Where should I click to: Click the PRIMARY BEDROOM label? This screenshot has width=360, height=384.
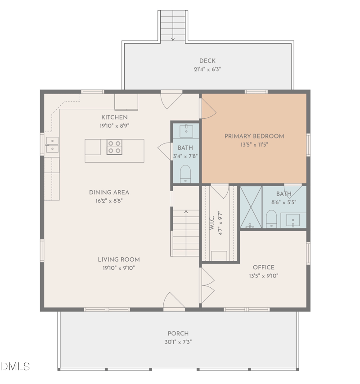pyautogui.click(x=254, y=136)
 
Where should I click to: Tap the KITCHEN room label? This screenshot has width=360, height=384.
pyautogui.click(x=114, y=117)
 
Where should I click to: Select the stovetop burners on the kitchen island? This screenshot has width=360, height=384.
pyautogui.click(x=114, y=147)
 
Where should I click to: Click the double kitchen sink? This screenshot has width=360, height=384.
pyautogui.click(x=52, y=145)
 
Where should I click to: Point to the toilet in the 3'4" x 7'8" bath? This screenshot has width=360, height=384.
pyautogui.click(x=185, y=174)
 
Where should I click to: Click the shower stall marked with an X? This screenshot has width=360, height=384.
pyautogui.click(x=251, y=207)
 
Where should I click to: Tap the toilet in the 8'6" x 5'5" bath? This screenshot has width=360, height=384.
pyautogui.click(x=271, y=219)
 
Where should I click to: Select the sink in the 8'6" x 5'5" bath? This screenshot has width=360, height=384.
pyautogui.click(x=293, y=220)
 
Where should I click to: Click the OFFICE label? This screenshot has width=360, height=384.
pyautogui.click(x=263, y=268)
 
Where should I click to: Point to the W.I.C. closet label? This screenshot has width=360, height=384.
pyautogui.click(x=212, y=223)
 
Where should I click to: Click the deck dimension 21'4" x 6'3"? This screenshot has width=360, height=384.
pyautogui.click(x=207, y=69)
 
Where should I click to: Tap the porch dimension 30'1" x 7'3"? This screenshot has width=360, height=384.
pyautogui.click(x=178, y=342)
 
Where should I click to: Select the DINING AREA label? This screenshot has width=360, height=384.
pyautogui.click(x=109, y=192)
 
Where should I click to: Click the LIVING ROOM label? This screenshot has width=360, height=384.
pyautogui.click(x=119, y=259)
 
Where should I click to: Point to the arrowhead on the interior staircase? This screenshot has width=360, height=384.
pyautogui.click(x=186, y=212)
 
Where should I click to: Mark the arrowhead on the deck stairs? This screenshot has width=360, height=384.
pyautogui.click(x=173, y=39)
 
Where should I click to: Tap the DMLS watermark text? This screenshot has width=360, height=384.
pyautogui.click(x=15, y=366)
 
